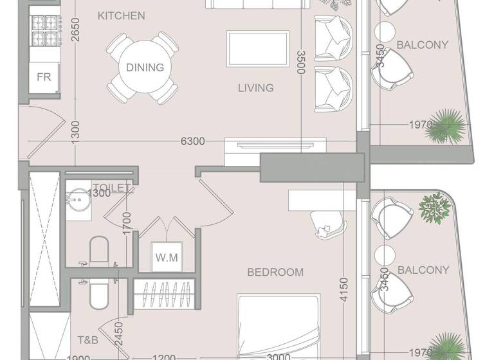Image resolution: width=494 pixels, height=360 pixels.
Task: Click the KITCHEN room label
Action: pos(122,15)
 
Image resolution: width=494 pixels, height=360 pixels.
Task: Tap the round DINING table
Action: pos(144,67)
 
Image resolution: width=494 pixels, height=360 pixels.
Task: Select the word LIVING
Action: pos(255,88)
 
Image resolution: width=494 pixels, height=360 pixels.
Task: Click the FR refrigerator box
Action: pos(44,77)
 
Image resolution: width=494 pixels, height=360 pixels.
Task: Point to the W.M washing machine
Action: pos(166,258)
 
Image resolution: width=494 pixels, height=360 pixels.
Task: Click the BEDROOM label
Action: pos(275,273)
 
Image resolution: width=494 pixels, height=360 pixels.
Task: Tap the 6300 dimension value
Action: pos(192,141)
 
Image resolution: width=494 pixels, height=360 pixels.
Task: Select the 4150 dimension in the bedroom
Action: pos(344,290)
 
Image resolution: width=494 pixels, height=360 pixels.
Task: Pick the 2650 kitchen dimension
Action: pos(76,30)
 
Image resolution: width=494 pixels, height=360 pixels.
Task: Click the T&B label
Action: pos(88,340)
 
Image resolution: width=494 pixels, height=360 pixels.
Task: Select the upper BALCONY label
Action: pos(422,45)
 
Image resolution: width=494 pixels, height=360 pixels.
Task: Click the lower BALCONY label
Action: pos(423,270)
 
